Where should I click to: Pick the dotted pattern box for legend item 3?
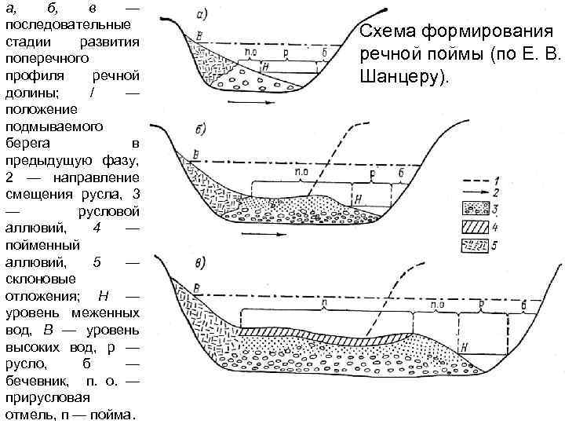tap(476, 209)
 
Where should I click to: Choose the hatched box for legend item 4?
tap(476, 228)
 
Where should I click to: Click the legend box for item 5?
tap(476, 247)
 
